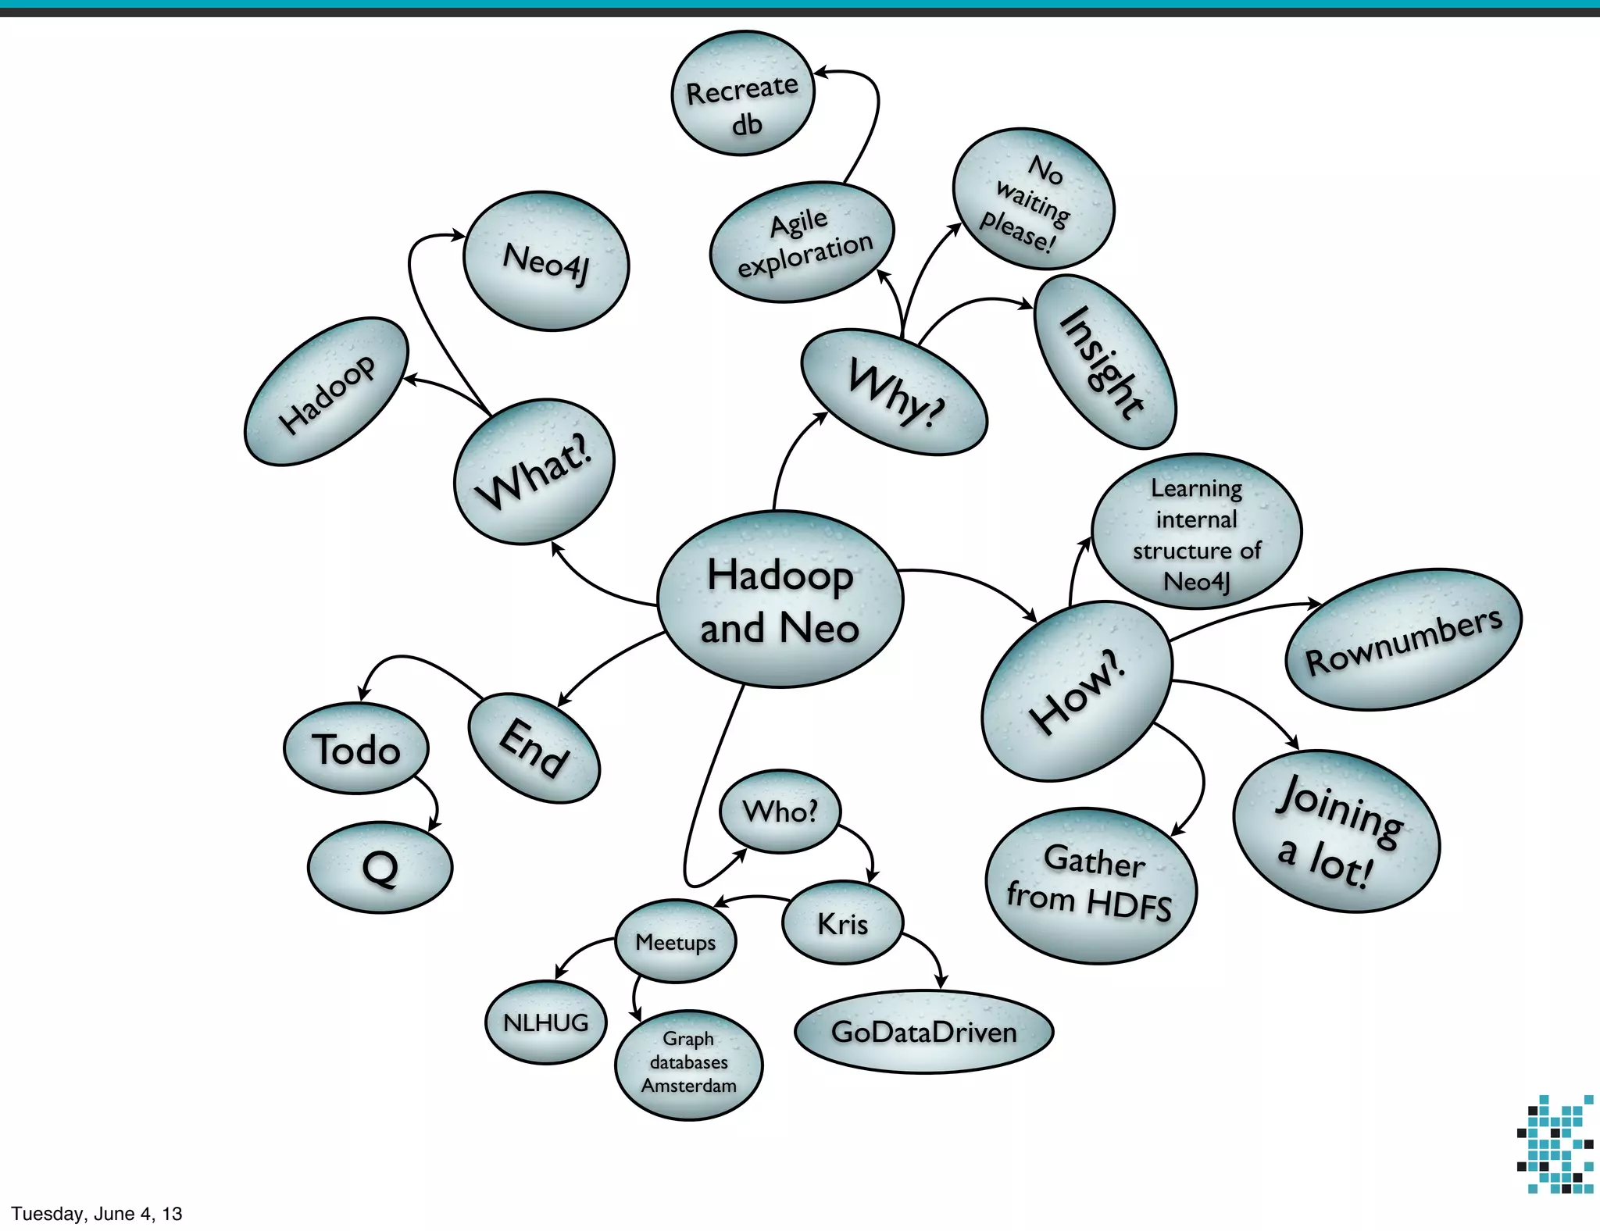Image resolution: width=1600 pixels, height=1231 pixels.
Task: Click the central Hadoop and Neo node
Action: (x=780, y=600)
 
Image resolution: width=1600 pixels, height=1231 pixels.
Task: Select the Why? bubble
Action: (x=895, y=392)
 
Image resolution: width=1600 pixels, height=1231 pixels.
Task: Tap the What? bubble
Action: (x=534, y=471)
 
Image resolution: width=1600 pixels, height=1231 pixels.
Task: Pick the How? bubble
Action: (x=1077, y=690)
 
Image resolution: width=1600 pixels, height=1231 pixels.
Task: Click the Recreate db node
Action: (x=743, y=94)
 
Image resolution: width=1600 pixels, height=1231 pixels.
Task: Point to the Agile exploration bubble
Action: (x=802, y=242)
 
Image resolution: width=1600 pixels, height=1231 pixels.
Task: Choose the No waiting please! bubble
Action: (x=1033, y=199)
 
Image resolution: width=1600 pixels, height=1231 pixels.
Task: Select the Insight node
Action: (x=1105, y=362)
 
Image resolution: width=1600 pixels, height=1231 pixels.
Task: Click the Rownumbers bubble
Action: (x=1403, y=639)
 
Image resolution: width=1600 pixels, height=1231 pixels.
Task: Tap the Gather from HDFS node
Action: (x=1091, y=885)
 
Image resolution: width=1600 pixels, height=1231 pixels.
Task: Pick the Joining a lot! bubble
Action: (x=1336, y=831)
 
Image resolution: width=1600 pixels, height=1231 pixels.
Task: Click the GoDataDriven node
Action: (x=923, y=1032)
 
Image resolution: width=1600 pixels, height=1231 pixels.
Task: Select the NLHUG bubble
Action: (x=545, y=1022)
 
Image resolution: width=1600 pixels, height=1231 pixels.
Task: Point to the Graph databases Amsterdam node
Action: (x=688, y=1064)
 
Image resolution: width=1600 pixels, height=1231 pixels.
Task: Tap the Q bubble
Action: (x=380, y=867)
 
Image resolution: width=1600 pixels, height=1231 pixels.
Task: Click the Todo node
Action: (x=356, y=748)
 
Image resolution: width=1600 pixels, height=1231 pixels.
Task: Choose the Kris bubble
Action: (x=842, y=923)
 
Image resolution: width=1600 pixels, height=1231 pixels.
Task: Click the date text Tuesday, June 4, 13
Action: (x=97, y=1213)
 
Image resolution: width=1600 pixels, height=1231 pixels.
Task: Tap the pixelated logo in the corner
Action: (x=1555, y=1144)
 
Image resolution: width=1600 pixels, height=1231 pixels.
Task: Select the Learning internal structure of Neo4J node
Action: (x=1196, y=533)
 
